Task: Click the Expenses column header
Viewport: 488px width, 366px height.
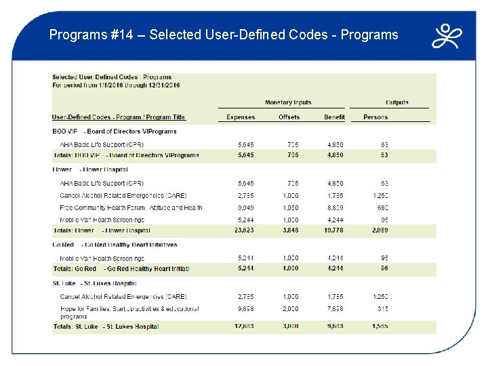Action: point(241,117)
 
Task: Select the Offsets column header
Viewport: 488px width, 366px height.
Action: point(289,117)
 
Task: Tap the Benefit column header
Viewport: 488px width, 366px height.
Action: point(334,117)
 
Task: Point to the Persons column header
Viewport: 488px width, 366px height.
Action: point(375,117)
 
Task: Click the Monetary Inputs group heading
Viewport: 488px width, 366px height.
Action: point(288,102)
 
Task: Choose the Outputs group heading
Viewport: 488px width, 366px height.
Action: point(397,102)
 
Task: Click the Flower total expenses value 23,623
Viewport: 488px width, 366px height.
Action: point(240,230)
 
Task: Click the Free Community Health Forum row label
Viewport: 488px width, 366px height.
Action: point(131,208)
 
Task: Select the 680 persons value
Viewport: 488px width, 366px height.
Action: point(383,208)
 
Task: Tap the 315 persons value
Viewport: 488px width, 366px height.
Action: point(383,308)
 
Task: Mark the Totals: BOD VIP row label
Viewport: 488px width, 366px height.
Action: point(125,155)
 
